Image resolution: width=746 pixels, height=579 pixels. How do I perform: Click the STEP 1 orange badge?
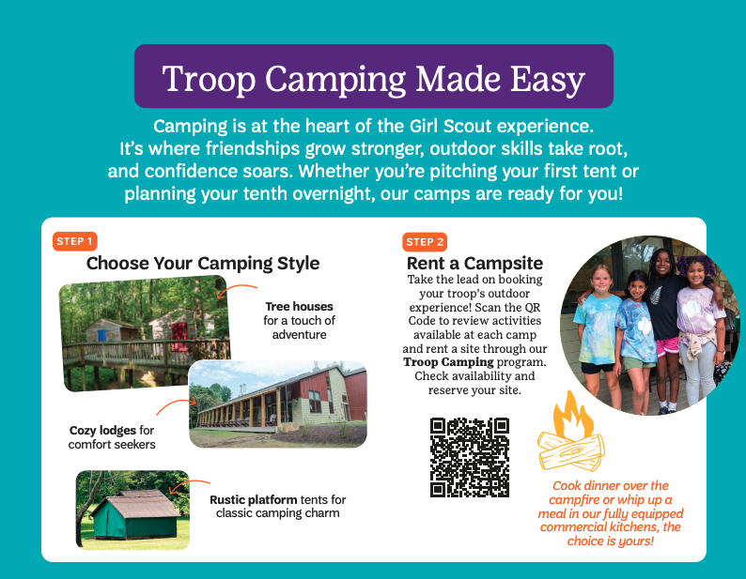point(75,241)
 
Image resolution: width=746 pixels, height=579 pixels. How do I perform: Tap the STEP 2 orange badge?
point(425,241)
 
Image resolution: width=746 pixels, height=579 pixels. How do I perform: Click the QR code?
point(470,457)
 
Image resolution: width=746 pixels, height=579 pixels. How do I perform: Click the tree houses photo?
point(143,333)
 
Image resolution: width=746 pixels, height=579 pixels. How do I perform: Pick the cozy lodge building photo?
point(277,404)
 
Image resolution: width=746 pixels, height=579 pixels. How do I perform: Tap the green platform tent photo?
point(132,510)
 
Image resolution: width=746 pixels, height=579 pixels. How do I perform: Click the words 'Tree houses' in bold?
point(299,306)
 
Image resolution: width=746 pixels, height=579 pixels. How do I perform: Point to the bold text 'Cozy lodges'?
point(103,430)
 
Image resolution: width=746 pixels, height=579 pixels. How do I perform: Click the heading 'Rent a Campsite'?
point(474,264)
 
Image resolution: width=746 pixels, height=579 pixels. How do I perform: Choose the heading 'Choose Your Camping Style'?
point(203,264)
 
